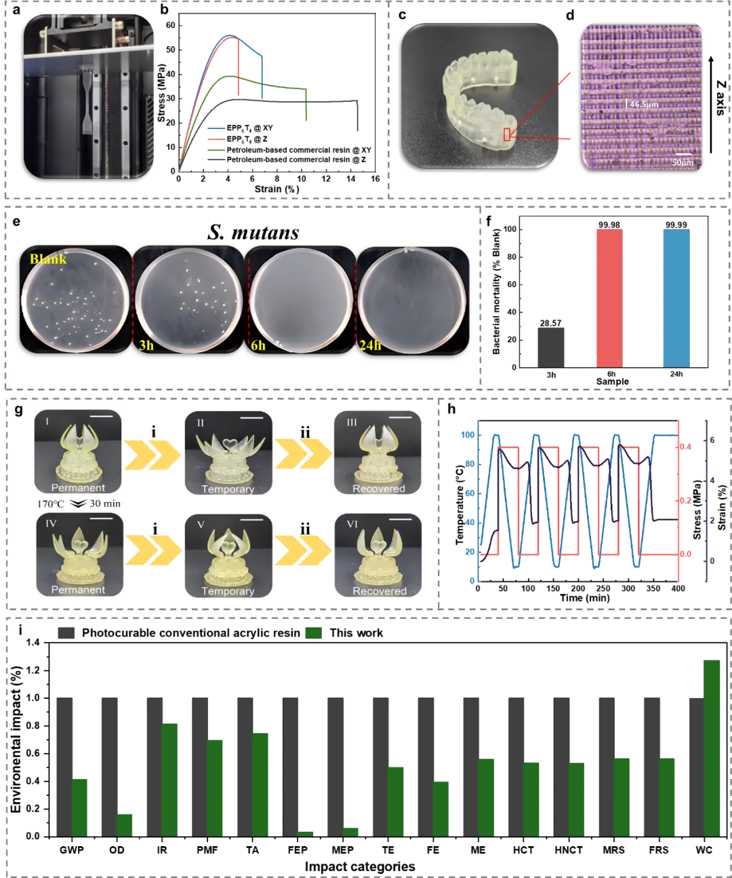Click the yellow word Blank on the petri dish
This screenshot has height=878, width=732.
(47, 259)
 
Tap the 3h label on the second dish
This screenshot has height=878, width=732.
(146, 345)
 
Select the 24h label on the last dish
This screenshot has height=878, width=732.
(369, 345)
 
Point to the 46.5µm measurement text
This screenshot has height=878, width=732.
(643, 104)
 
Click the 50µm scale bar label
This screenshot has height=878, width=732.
(683, 163)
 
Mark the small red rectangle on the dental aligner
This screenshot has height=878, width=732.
(506, 134)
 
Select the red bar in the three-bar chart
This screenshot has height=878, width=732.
(607, 297)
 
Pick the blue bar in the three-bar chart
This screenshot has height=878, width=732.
(677, 297)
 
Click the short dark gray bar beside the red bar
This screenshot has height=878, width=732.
(552, 347)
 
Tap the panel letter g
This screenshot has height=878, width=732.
(18, 410)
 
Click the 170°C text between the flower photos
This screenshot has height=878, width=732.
(51, 504)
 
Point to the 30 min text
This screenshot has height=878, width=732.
(105, 503)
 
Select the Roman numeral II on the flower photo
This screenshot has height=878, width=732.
(200, 423)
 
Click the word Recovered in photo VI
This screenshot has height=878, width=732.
(379, 591)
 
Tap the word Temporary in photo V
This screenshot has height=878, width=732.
(228, 591)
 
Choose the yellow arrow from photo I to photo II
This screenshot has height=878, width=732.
(153, 454)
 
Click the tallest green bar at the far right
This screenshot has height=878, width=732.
(711, 746)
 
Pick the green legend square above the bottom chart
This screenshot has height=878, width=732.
(314, 633)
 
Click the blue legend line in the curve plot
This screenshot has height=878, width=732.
(216, 128)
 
